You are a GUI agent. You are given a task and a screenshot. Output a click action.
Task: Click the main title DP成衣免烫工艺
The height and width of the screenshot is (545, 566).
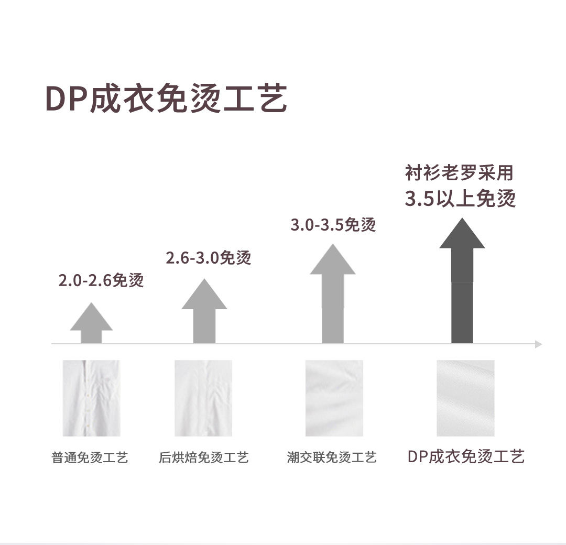166,98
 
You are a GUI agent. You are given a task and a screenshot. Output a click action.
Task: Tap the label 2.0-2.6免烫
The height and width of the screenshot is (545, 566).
101,281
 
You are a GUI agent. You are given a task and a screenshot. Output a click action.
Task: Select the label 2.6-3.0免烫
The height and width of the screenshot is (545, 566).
209,258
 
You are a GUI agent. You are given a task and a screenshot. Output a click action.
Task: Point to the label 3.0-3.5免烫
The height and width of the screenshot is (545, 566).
333,225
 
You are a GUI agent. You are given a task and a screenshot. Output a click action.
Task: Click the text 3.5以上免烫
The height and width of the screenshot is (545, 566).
460,199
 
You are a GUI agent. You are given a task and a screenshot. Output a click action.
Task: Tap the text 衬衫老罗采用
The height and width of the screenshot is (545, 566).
459,172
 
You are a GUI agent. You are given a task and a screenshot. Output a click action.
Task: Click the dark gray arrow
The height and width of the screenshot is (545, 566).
462,283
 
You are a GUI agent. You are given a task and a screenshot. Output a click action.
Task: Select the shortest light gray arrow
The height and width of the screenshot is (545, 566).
91,325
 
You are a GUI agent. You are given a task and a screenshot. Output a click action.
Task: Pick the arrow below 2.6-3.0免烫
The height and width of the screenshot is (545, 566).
204,312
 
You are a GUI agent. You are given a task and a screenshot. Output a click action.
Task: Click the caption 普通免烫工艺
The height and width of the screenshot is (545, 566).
90,457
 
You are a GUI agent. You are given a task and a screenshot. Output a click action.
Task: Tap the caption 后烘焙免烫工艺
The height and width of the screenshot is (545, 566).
203,457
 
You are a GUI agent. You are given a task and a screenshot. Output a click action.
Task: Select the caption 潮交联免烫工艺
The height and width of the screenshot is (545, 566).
332,457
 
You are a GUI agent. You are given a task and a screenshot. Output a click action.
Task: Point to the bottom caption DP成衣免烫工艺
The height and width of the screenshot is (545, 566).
466,456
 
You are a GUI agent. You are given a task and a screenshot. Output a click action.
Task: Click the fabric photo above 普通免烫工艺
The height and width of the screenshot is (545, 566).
91,398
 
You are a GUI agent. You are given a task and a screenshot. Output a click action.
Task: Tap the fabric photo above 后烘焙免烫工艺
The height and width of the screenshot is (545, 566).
203,398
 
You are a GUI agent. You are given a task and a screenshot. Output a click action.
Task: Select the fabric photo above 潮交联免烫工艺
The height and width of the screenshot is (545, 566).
334,398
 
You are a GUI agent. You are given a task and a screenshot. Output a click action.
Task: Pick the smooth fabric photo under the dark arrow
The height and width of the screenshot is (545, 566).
465,398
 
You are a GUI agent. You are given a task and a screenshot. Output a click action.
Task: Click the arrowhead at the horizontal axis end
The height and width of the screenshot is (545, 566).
538,344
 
